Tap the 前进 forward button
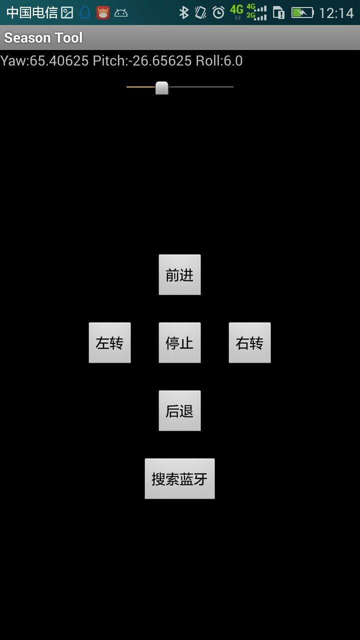point(179,274)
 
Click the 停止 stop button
point(179,342)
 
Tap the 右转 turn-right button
point(249,342)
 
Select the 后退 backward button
point(179,410)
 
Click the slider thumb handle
point(161,87)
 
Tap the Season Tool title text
point(43,37)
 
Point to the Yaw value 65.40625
point(59,61)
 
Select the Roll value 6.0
point(233,61)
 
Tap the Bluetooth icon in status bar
point(183,13)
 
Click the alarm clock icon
point(218,13)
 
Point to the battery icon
point(302,13)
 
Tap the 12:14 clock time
point(336,13)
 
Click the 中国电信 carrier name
point(31,13)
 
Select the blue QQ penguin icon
point(85,13)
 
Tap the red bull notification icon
point(103,13)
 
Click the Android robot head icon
point(121,13)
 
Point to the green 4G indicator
point(236,9)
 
